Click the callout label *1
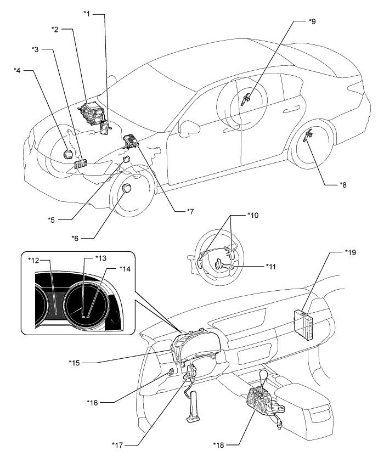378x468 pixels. [87, 13]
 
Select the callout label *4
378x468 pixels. [17, 70]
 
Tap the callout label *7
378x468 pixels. [190, 211]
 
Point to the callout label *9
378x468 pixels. [312, 21]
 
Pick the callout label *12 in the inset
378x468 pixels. [33, 260]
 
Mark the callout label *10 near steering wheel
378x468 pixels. [253, 215]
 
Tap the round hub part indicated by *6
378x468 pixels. [127, 188]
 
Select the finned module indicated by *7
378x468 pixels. [131, 140]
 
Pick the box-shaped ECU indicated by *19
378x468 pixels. [304, 324]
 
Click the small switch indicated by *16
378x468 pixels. [171, 372]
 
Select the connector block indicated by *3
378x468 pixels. [80, 163]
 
